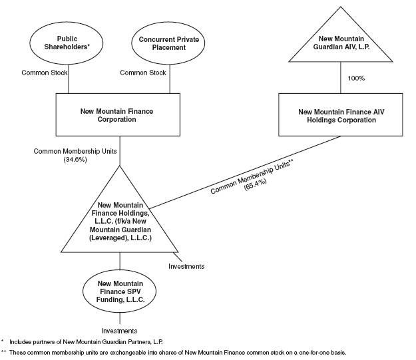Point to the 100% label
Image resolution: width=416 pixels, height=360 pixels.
[x=356, y=79]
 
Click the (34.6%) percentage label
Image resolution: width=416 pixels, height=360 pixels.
[x=75, y=160]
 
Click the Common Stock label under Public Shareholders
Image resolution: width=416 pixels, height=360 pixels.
[x=45, y=73]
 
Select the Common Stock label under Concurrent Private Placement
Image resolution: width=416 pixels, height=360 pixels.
[x=143, y=73]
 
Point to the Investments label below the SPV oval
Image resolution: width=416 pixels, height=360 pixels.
[x=119, y=331]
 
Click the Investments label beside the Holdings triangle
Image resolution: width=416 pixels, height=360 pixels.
[x=186, y=266]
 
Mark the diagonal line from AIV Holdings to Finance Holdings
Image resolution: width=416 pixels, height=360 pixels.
[x=245, y=172]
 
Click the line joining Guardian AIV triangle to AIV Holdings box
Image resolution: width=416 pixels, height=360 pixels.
[x=341, y=77]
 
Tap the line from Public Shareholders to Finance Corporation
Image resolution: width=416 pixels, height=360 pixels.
[x=69, y=79]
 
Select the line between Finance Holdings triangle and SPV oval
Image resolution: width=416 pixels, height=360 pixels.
[x=120, y=261]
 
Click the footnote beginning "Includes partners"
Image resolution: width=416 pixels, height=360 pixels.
[x=86, y=341]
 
